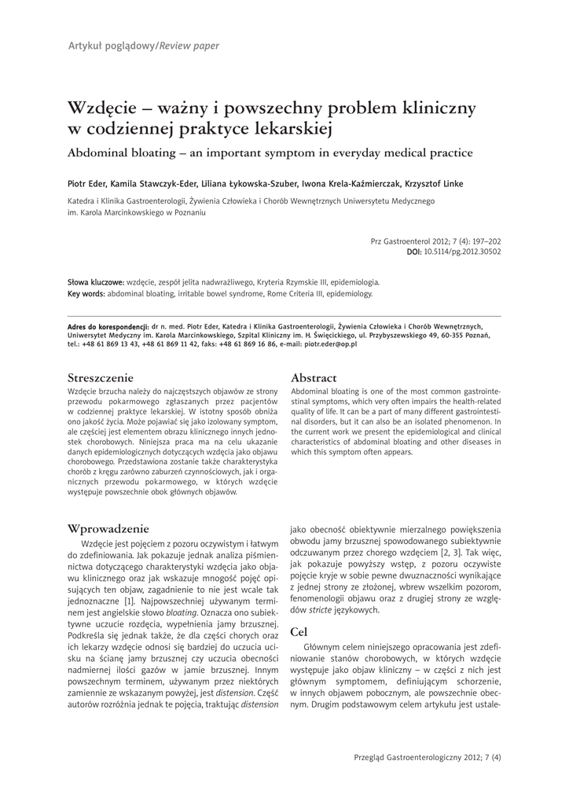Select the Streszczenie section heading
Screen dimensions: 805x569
101,377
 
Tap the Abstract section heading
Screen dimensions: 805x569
314,377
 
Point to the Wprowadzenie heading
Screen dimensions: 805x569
108,528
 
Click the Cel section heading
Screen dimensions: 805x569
299,630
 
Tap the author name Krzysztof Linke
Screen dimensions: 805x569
434,184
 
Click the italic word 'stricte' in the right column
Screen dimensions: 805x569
318,609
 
